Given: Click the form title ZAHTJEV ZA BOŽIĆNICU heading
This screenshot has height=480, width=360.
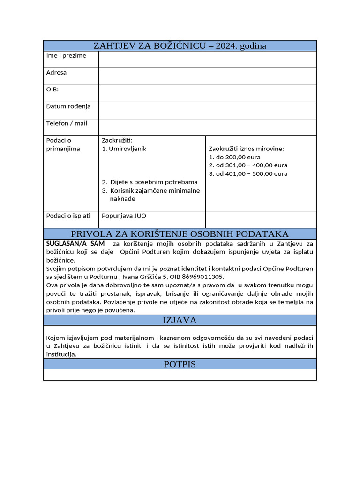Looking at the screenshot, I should click(x=180, y=45).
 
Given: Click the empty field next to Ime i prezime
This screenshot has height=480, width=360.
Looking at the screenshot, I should click(x=207, y=60).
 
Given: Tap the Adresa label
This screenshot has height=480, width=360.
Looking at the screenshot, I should click(x=56, y=73).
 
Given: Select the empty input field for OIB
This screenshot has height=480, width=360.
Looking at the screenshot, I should click(x=207, y=93).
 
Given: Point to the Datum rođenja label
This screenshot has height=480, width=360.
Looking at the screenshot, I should click(x=68, y=106).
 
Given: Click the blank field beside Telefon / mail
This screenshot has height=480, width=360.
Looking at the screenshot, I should click(x=207, y=127).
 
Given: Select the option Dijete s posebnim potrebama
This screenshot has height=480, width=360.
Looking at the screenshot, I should click(x=150, y=182).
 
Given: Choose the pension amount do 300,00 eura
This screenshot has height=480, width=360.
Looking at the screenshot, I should click(x=234, y=157).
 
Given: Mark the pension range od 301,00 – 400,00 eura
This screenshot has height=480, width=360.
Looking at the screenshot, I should click(x=248, y=165).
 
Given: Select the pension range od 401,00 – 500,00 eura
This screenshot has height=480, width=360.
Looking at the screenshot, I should click(x=248, y=174).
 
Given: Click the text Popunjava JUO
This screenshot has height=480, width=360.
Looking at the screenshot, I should click(x=121, y=216).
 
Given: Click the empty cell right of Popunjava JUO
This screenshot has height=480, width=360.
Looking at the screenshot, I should click(x=261, y=219).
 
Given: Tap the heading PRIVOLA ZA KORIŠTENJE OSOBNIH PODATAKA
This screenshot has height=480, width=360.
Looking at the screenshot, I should click(x=180, y=234).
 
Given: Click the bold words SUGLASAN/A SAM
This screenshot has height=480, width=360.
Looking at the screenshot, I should click(x=75, y=244).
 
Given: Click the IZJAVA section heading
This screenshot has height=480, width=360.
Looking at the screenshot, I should click(x=180, y=320).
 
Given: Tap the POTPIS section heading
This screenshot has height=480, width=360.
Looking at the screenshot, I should click(x=180, y=364).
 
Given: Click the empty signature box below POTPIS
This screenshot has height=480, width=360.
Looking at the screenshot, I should click(x=180, y=375).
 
